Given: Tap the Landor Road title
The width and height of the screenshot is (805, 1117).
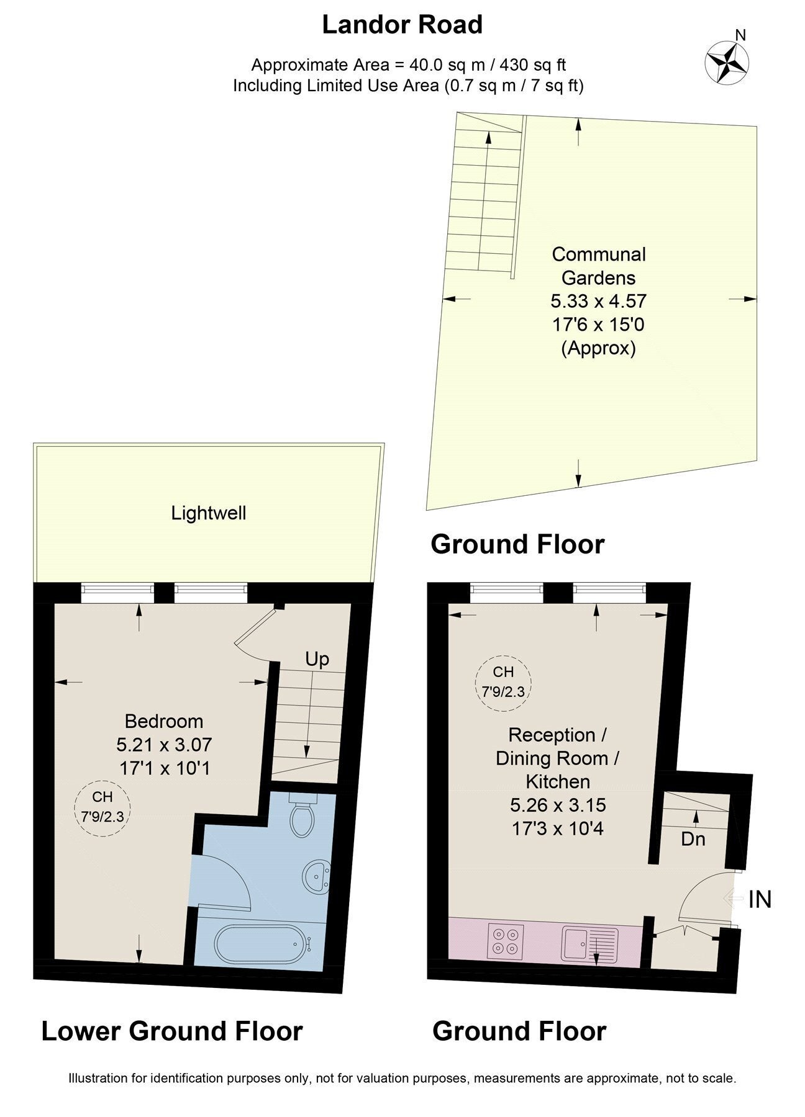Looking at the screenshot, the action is pyautogui.click(x=402, y=25).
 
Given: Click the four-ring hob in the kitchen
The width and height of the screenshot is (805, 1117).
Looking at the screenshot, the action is pyautogui.click(x=506, y=940).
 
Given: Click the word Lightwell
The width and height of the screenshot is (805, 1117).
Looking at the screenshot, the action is pyautogui.click(x=209, y=513).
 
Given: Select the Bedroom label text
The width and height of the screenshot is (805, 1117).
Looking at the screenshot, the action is pyautogui.click(x=164, y=721).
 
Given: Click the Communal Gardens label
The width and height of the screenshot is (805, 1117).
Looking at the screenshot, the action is pyautogui.click(x=599, y=266).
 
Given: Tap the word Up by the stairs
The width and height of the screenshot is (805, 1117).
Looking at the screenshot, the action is pyautogui.click(x=317, y=659).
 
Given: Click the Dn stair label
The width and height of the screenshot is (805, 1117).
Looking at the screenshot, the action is pyautogui.click(x=693, y=839).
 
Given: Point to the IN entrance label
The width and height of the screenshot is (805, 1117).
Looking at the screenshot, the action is pyautogui.click(x=760, y=899).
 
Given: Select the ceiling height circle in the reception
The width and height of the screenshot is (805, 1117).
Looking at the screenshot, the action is pyautogui.click(x=503, y=681).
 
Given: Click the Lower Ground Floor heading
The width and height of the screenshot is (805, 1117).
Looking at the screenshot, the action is pyautogui.click(x=172, y=1031).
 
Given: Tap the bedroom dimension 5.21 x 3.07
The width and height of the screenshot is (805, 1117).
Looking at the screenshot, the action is pyautogui.click(x=164, y=744).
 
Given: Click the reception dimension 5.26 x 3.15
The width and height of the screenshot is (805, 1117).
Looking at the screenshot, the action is pyautogui.click(x=557, y=805).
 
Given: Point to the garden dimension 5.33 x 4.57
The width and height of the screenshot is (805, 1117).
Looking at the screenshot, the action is pyautogui.click(x=599, y=301).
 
